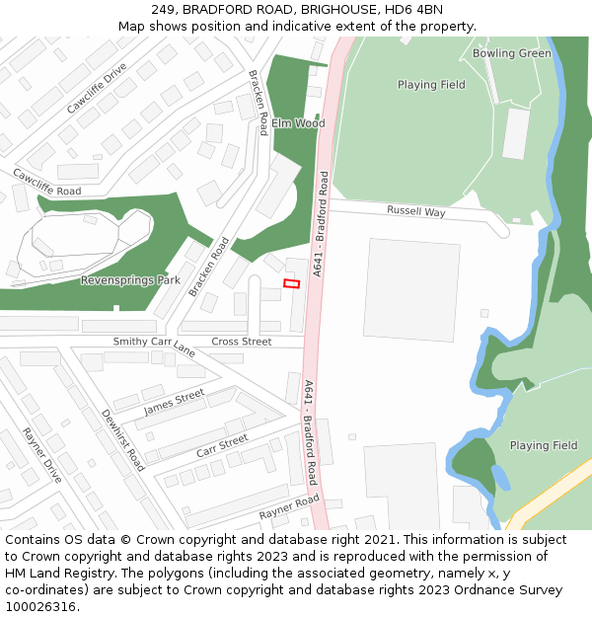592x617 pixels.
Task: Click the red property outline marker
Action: pyautogui.click(x=291, y=284)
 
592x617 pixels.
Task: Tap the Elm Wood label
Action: pyautogui.click(x=298, y=123)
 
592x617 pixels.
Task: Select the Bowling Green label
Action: pyautogui.click(x=511, y=53)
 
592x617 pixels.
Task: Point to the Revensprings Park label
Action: pyautogui.click(x=130, y=280)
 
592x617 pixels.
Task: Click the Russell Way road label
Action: pyautogui.click(x=415, y=211)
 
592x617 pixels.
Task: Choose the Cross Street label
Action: pyautogui.click(x=241, y=342)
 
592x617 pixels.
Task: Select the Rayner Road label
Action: pyautogui.click(x=289, y=507)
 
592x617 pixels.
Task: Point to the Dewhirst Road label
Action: pyautogui.click(x=123, y=439)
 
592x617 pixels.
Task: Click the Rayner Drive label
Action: pyautogui.click(x=41, y=455)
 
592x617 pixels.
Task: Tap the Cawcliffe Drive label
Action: pyautogui.click(x=97, y=89)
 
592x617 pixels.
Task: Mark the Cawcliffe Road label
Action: pyautogui.click(x=46, y=182)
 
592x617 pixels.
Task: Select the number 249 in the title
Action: pyautogui.click(x=164, y=9)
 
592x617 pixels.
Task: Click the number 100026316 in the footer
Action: pyautogui.click(x=40, y=606)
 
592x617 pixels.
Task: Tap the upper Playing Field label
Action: pyautogui.click(x=431, y=85)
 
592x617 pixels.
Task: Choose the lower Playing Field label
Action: pyautogui.click(x=543, y=445)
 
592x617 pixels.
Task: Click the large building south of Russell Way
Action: pyautogui.click(x=410, y=290)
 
